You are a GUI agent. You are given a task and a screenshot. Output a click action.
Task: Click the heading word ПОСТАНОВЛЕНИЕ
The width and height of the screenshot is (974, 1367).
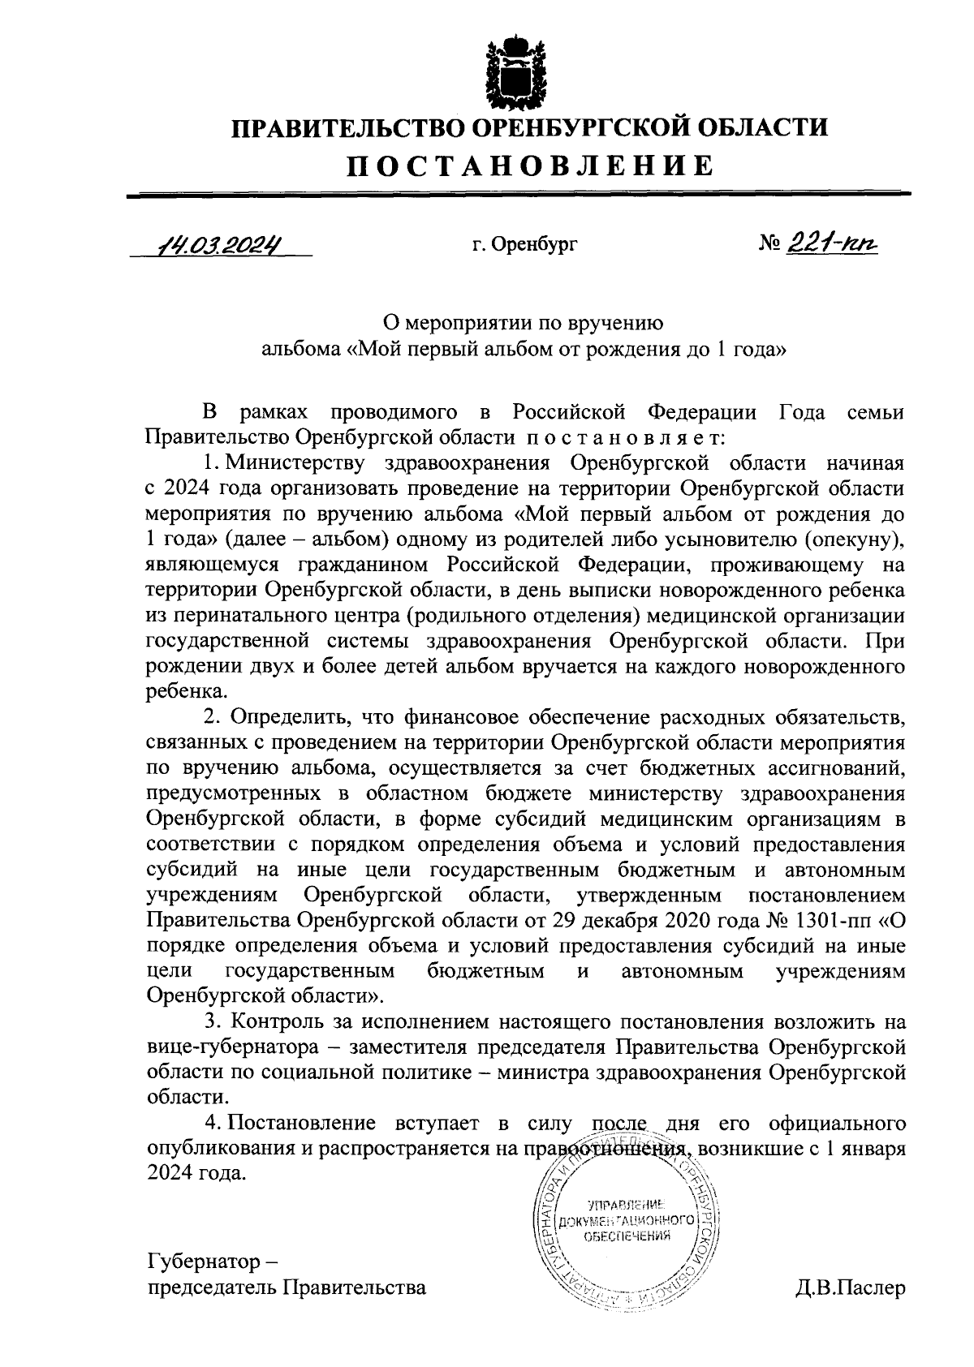532,166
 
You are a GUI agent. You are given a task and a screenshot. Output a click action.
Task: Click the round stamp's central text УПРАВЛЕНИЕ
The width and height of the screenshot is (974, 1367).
626,1203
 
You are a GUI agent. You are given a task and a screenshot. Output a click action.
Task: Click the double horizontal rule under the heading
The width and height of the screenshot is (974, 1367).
519,194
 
